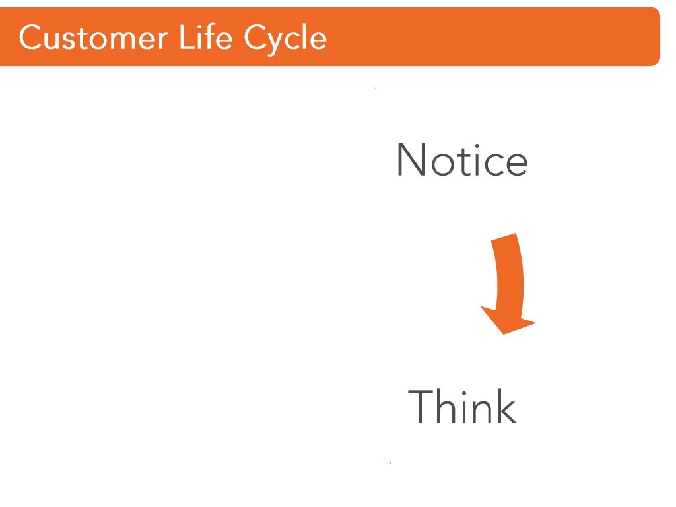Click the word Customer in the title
pyautogui.click(x=92, y=38)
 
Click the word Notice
pyautogui.click(x=461, y=160)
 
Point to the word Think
pyautogui.click(x=462, y=407)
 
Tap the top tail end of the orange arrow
pyautogui.click(x=506, y=238)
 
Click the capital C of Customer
pyautogui.click(x=31, y=38)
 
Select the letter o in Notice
pyautogui.click(x=439, y=164)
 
